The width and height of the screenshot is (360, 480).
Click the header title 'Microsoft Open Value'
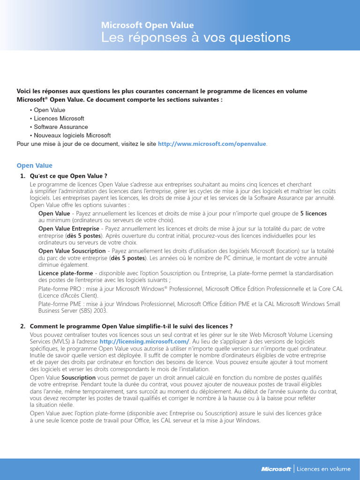pos(148,25)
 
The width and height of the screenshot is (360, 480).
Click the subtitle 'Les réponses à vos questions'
pos(196,37)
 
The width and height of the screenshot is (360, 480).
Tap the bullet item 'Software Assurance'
pos(60,127)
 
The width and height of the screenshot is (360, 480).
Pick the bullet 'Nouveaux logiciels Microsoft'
pos(72,135)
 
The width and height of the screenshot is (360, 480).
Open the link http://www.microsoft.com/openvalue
pos(212,144)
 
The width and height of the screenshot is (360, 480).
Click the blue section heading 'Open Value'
pos(35,165)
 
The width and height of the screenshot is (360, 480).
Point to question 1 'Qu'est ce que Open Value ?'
pos(68,176)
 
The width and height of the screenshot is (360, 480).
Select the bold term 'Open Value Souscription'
pos(72,251)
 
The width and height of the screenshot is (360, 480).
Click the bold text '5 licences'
pos(313,214)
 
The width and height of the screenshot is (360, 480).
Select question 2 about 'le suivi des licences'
pos(131,326)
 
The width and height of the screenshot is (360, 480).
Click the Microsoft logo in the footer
pos(276,469)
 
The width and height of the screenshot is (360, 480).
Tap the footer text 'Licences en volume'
pos(323,469)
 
